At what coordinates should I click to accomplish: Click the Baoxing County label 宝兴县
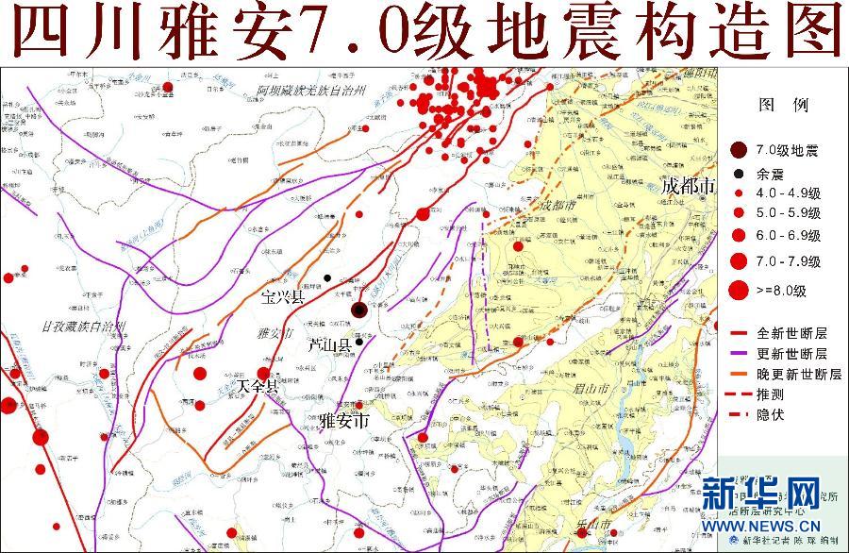pyautogui.click(x=283, y=297)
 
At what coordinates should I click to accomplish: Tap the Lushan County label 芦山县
pyautogui.click(x=330, y=346)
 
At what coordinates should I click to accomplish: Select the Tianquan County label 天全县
pyautogui.click(x=258, y=386)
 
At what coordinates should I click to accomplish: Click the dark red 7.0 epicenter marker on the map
pyautogui.click(x=358, y=310)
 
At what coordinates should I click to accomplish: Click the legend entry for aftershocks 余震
pyautogui.click(x=783, y=173)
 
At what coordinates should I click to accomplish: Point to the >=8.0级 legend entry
pyautogui.click(x=789, y=291)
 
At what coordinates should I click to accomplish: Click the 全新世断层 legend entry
pyautogui.click(x=792, y=332)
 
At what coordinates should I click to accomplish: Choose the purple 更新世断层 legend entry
pyautogui.click(x=792, y=353)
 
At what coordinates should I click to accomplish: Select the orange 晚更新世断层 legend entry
pyautogui.click(x=798, y=374)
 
